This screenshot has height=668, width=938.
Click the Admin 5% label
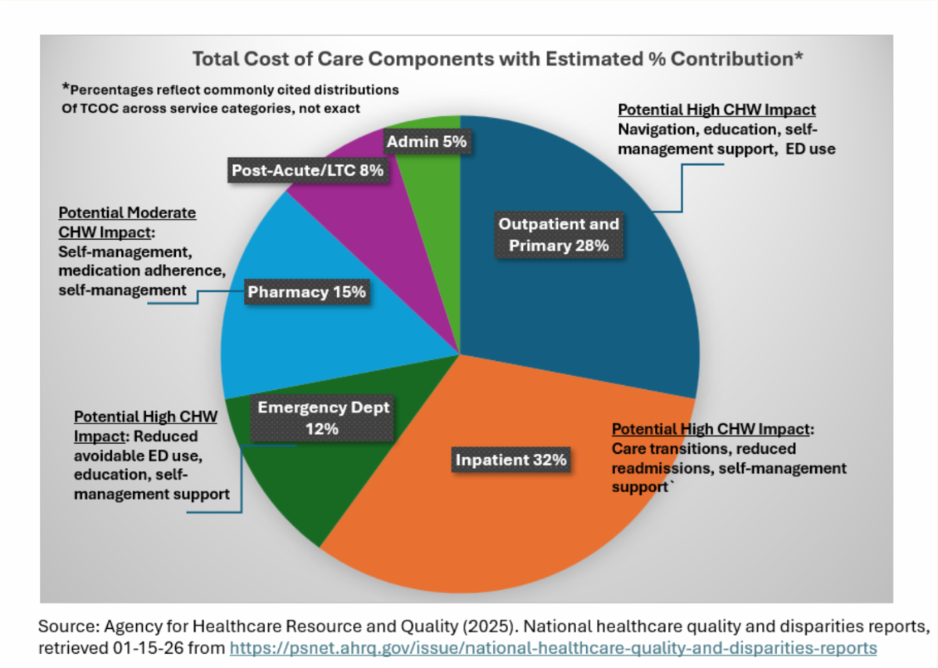tap(426, 142)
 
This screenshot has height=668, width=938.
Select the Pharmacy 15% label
tap(306, 292)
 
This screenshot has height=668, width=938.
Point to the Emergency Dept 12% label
tap(323, 418)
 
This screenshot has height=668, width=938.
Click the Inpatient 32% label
tap(510, 460)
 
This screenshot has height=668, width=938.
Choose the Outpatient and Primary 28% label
tap(559, 234)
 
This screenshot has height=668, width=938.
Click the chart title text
tap(498, 59)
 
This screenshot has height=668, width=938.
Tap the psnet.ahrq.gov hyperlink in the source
tap(553, 648)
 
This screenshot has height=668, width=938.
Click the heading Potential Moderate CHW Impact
tap(127, 222)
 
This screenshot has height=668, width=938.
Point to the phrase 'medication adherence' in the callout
tap(141, 271)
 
